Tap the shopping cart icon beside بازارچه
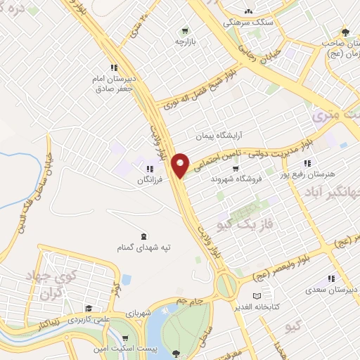pos(185,30)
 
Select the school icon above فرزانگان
pos(149,169)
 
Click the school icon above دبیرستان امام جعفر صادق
pos(104,68)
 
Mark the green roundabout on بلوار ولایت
pos(227,285)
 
